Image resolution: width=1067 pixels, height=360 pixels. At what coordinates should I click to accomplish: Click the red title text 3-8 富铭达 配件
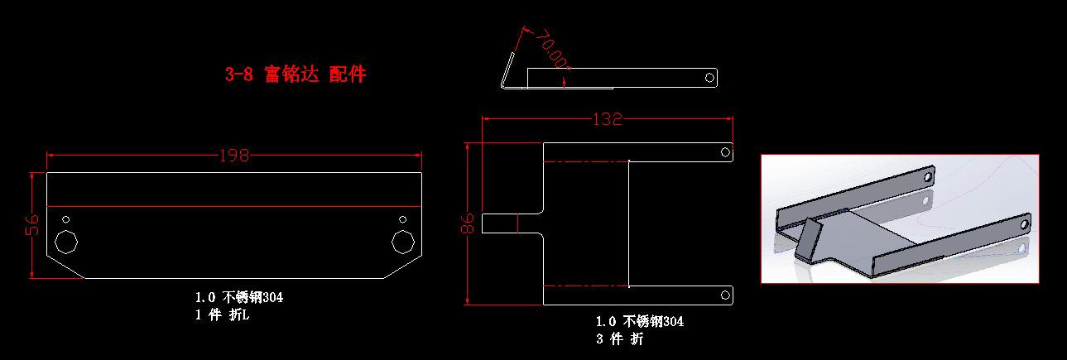(x=296, y=74)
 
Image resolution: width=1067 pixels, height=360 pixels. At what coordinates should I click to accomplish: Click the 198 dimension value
(x=234, y=156)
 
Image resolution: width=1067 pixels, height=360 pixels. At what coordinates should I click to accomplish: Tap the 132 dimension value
(x=607, y=119)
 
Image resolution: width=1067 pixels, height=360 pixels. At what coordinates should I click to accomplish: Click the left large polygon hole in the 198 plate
(x=65, y=242)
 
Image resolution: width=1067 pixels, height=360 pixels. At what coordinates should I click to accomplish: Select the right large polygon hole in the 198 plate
(x=403, y=242)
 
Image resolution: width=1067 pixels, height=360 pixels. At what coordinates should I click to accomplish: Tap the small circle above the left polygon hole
(x=65, y=219)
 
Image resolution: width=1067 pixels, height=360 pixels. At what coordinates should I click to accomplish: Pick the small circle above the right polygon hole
(x=403, y=219)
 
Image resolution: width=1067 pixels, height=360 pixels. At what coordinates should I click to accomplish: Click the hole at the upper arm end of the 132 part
(x=725, y=152)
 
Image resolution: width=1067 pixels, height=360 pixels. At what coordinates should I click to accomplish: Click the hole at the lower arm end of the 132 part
(x=725, y=295)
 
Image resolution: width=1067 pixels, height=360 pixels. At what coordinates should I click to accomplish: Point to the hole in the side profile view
(x=709, y=77)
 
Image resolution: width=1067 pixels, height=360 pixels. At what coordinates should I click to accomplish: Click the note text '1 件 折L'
(x=222, y=314)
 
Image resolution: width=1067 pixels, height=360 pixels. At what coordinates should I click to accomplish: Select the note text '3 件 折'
(x=619, y=338)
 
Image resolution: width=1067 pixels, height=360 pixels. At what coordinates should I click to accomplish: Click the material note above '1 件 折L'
(x=239, y=297)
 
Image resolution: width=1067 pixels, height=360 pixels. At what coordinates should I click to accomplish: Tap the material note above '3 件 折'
(x=640, y=321)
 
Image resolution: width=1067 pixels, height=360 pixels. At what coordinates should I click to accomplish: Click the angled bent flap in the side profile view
(x=507, y=70)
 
